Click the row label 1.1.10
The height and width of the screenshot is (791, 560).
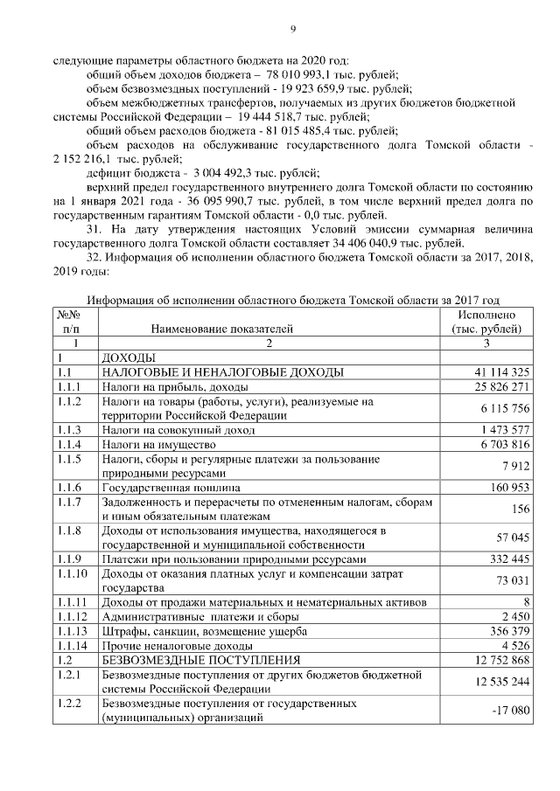73,573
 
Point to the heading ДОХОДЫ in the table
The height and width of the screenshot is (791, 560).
129,358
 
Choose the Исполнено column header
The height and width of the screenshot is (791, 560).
486,315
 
